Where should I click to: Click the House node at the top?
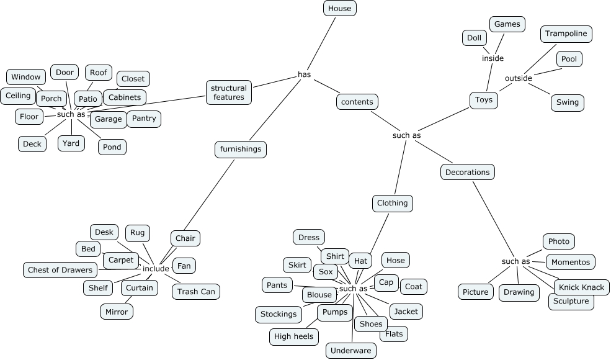pyautogui.click(x=339, y=8)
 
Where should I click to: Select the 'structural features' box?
pyautogui.click(x=229, y=92)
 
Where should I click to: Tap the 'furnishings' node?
pyautogui.click(x=241, y=149)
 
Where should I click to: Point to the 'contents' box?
pyautogui.click(x=357, y=102)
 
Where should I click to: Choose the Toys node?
pyautogui.click(x=483, y=100)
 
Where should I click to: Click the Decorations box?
pyautogui.click(x=468, y=172)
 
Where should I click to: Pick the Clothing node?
pyautogui.click(x=393, y=203)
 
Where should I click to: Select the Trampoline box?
pyautogui.click(x=566, y=34)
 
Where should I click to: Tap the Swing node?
pyautogui.click(x=567, y=102)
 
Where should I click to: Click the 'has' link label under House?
pyautogui.click(x=304, y=74)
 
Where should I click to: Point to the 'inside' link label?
pyautogui.click(x=493, y=58)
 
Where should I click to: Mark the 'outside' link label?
pyautogui.click(x=518, y=78)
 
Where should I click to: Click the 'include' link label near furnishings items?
pyautogui.click(x=156, y=269)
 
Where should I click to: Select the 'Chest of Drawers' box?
pyautogui.click(x=60, y=270)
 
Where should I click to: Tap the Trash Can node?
pyautogui.click(x=195, y=291)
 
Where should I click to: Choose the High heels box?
pyautogui.click(x=294, y=337)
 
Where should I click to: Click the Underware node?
pyautogui.click(x=350, y=351)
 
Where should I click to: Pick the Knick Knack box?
pyautogui.click(x=581, y=287)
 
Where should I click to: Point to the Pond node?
pyautogui.click(x=112, y=147)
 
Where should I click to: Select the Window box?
pyautogui.click(x=25, y=77)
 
